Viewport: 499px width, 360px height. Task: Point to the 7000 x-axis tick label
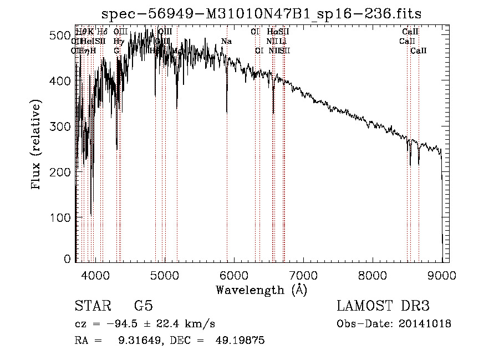303,274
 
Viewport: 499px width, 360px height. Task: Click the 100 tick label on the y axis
61,217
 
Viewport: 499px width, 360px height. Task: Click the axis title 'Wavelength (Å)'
261,290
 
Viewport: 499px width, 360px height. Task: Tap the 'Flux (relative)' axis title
37,145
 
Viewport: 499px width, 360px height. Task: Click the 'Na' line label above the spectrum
226,41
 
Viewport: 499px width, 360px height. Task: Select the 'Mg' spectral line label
177,50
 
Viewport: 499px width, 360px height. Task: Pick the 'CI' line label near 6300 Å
255,32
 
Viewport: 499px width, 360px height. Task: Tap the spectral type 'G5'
143,306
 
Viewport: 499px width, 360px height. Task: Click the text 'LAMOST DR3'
383,306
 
